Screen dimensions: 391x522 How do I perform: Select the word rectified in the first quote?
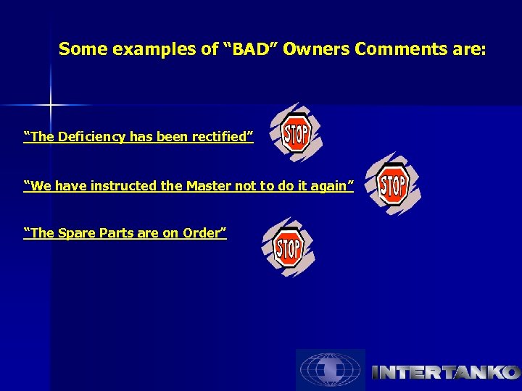tap(221, 137)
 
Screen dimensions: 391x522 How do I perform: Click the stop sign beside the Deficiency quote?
tap(295, 133)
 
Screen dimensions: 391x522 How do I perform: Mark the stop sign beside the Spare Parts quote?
tap(289, 248)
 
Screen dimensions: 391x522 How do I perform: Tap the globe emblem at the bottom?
tap(330, 370)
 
